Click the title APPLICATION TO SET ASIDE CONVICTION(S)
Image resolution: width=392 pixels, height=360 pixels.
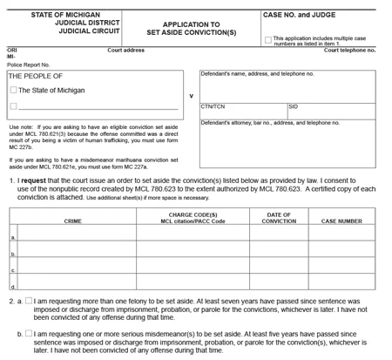(190, 29)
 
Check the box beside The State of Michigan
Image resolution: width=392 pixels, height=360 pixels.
(13, 90)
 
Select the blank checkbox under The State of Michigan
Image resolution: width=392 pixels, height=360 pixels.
(13, 107)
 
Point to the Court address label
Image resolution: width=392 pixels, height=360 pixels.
(125, 51)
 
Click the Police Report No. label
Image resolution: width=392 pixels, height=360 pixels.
(28, 65)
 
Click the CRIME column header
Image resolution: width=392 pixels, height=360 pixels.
(73, 221)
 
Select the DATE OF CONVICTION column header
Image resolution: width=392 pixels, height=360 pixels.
(279, 218)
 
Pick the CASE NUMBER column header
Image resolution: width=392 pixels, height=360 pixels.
(341, 221)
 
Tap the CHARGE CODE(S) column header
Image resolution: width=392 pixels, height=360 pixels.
(193, 214)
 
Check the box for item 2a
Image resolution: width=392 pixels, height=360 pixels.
(29, 301)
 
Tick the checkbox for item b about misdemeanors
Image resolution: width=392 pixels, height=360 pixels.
(29, 334)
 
